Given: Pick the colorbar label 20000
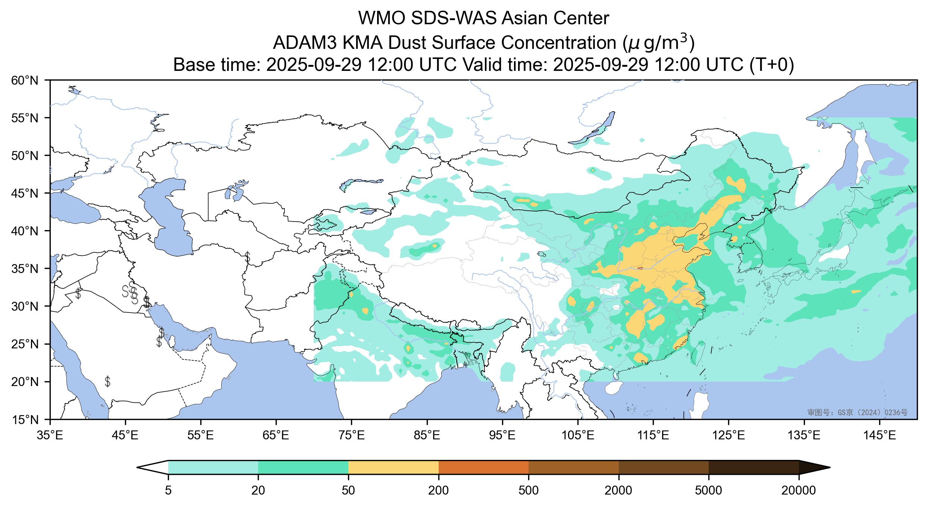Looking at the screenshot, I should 799,490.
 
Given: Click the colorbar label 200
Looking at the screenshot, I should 438,490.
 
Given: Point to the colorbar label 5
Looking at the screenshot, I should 168,490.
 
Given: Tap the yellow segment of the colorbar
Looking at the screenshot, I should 393,467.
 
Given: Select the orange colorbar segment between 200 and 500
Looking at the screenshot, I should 483,467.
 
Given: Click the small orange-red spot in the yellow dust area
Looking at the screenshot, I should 640,268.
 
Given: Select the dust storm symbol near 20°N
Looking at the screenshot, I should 107,381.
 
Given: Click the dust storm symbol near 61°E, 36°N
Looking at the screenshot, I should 247,257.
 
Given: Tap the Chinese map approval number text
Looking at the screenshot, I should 857,412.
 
